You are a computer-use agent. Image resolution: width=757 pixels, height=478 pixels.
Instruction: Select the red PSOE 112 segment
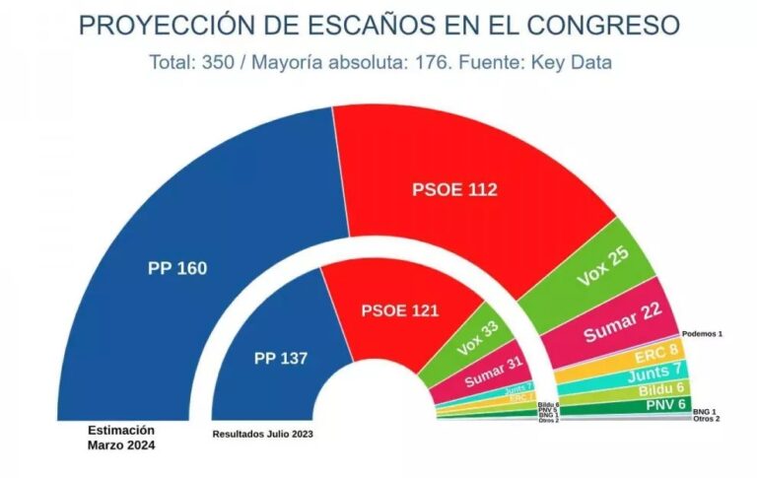click(454, 189)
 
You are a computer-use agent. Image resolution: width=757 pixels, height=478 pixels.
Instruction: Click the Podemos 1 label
click(702, 334)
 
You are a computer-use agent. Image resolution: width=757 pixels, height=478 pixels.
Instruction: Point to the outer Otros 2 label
click(706, 419)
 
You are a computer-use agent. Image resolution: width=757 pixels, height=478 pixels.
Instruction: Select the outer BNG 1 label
click(705, 410)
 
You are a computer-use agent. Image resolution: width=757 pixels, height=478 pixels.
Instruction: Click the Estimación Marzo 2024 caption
click(121, 438)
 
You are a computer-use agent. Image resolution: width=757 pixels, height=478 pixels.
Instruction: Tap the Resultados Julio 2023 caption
click(262, 434)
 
